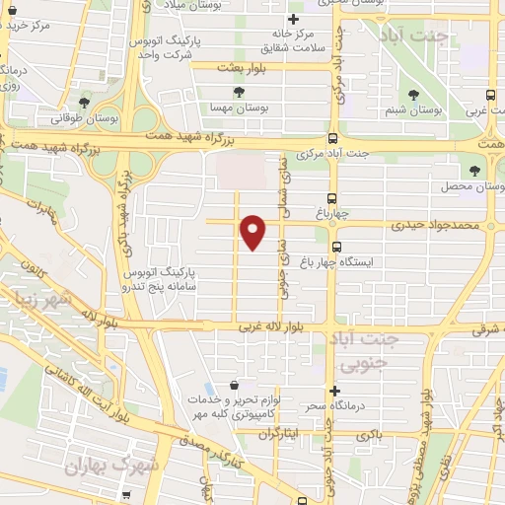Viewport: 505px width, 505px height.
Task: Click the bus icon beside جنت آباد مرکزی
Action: [x=332, y=139]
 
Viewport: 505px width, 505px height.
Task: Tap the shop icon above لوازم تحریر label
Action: [x=233, y=385]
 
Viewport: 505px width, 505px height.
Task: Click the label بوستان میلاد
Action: [x=222, y=5]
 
